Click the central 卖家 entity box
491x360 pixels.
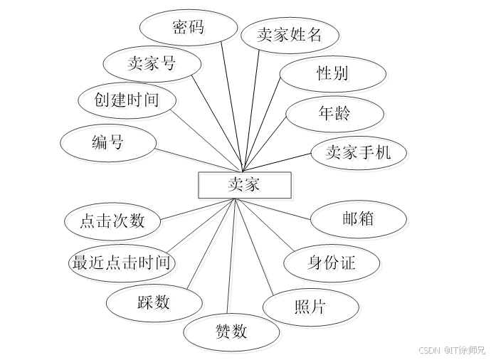(x=245, y=187)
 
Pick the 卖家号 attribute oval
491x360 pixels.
(x=154, y=66)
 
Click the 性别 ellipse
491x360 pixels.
(x=334, y=75)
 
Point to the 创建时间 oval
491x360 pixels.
(x=129, y=102)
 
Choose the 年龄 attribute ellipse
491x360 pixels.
(x=336, y=115)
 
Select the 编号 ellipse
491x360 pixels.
(x=110, y=145)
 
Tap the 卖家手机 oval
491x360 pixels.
(x=360, y=154)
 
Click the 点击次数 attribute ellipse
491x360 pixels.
(x=114, y=223)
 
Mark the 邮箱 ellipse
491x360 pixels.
(x=360, y=221)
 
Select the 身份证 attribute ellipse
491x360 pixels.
(x=333, y=265)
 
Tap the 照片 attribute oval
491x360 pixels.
(x=312, y=309)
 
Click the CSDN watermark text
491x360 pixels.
(x=450, y=350)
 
